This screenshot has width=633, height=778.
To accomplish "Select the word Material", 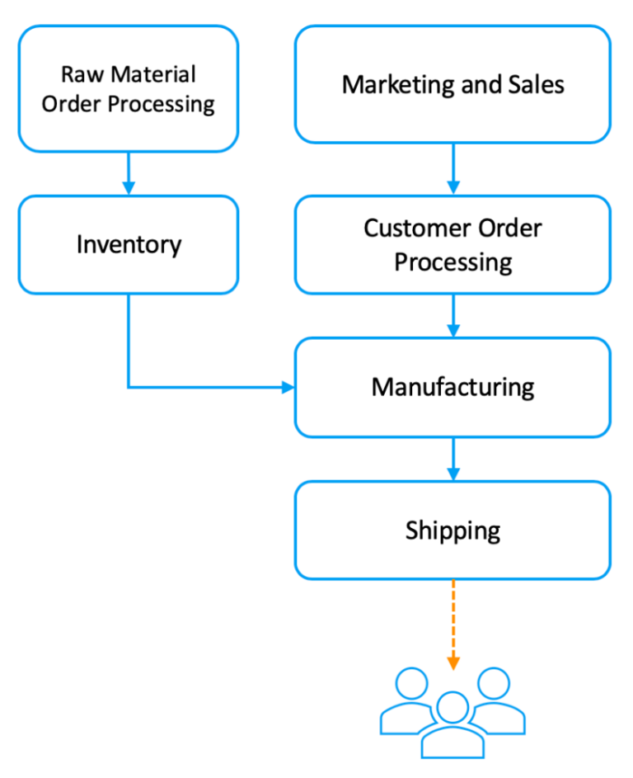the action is (153, 75).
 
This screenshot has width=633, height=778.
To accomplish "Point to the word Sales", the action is (537, 85).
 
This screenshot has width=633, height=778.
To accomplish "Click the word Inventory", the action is (129, 245).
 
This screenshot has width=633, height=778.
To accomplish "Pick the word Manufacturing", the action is (453, 388).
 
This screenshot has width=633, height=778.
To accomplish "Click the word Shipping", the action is (453, 531).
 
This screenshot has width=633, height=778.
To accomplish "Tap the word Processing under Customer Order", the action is (453, 262).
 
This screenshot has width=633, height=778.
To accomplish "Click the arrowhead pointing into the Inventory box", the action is (129, 188).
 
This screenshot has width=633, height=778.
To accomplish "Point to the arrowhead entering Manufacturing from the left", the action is (288, 388).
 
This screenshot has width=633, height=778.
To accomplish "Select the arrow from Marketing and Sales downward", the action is (453, 169).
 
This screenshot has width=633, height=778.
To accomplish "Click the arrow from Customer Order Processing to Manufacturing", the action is (453, 315).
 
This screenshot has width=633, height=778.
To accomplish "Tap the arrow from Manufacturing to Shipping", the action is (453, 459).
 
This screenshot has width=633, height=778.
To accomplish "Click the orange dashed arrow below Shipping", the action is (453, 625).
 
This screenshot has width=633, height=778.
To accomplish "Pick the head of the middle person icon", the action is (452, 708).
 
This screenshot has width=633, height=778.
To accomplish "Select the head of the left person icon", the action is (411, 683).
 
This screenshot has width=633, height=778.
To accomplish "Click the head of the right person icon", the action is (494, 683).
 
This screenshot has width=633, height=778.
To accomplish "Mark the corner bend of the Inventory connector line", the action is (129, 388).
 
